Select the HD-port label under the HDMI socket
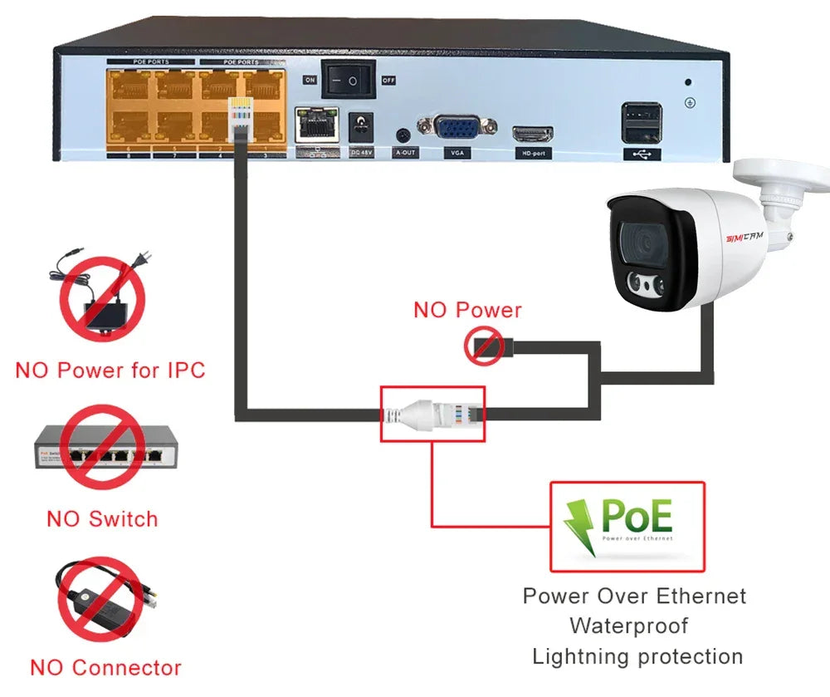533,154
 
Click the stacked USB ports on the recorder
642,124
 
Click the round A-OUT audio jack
405,135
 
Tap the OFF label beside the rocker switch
388,81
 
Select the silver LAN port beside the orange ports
316,125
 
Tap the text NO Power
467,311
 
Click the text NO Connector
105,667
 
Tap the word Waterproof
628,625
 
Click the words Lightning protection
637,656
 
